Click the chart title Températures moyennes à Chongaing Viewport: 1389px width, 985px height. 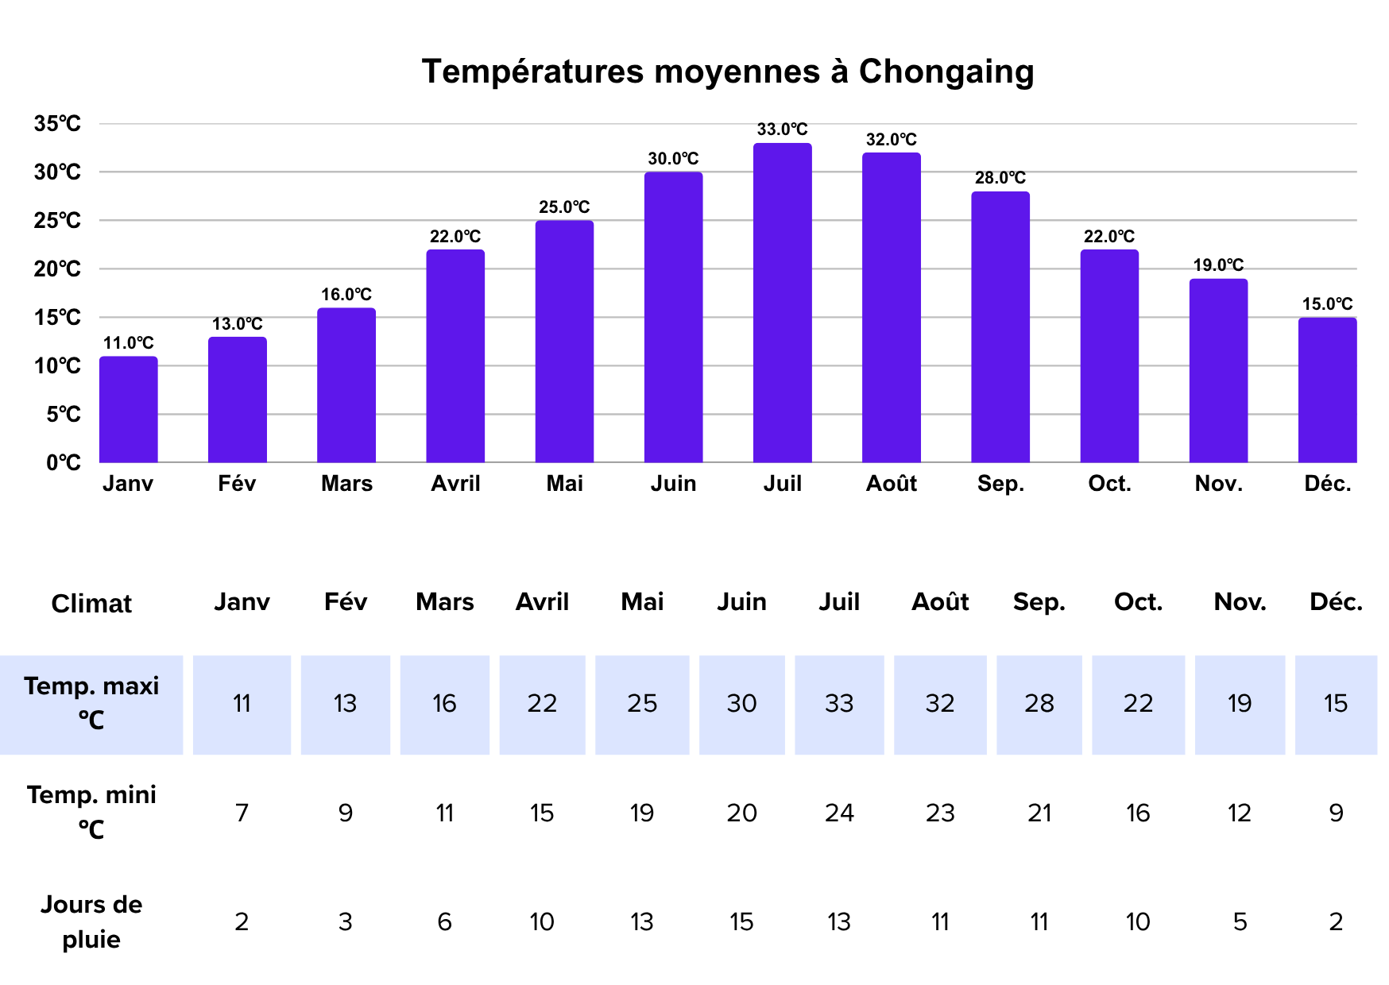tap(727, 71)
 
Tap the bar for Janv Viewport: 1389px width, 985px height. tap(128, 410)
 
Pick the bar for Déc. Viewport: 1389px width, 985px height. tap(1327, 390)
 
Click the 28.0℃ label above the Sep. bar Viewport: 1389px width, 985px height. tap(1000, 178)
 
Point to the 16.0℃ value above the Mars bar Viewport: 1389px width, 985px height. tap(346, 295)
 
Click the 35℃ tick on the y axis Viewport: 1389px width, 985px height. tap(57, 124)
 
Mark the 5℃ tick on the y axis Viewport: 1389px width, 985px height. tap(63, 415)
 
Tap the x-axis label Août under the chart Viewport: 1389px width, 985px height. tap(891, 484)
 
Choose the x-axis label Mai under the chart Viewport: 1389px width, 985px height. tap(564, 484)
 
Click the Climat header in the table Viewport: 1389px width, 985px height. tap(91, 604)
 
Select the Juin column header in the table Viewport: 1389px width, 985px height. tap(741, 602)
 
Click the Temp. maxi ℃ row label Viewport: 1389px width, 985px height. tap(91, 702)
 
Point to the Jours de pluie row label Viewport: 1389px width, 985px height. tap(91, 921)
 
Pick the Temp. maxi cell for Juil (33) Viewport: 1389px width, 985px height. tap(839, 704)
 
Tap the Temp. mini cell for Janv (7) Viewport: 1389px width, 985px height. tap(242, 813)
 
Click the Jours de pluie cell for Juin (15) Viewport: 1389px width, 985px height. tap(741, 921)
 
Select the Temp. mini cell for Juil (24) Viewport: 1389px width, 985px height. tap(839, 813)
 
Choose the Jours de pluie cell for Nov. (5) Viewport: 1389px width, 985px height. tap(1240, 921)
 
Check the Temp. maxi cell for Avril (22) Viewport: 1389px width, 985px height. tap(542, 704)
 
